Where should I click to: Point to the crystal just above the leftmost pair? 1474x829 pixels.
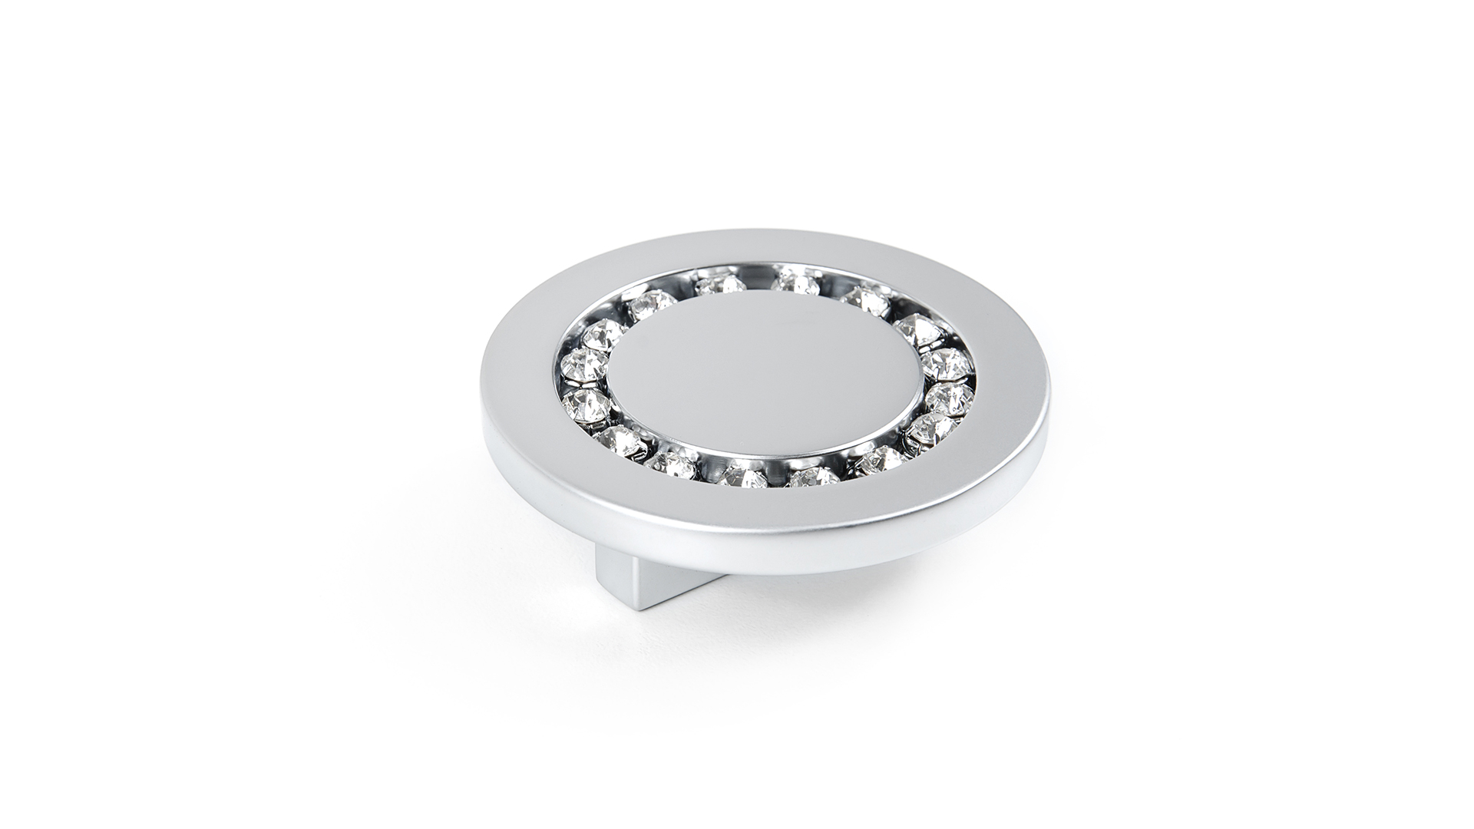[604, 334]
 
